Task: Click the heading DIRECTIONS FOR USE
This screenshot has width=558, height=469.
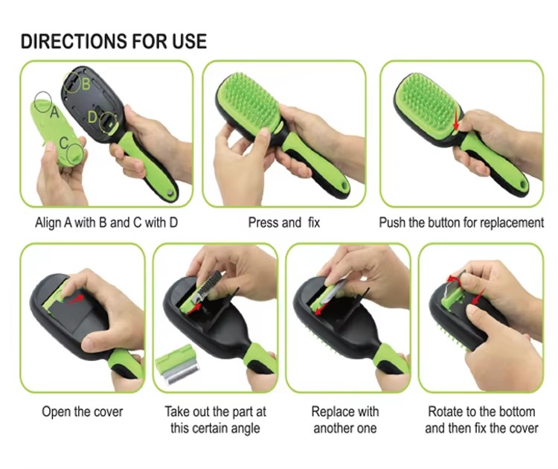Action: point(114,41)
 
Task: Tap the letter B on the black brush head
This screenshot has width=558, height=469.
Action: point(86,84)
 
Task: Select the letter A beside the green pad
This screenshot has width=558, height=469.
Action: point(54,112)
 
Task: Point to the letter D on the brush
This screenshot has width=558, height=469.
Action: point(92,116)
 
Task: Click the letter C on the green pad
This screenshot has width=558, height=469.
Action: point(64,143)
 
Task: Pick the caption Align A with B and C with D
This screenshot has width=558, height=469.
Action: point(106,223)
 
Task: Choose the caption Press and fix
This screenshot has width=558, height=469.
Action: point(284,223)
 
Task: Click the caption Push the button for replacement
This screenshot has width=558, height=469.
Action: point(461,223)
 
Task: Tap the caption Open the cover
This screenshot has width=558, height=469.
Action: point(82,412)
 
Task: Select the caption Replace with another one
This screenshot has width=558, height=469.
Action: point(344,420)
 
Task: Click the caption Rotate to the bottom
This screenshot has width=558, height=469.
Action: point(481,412)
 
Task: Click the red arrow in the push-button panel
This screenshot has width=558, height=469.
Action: point(456,119)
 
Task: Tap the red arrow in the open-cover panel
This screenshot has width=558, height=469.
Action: point(75,299)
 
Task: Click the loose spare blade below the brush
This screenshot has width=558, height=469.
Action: point(178,365)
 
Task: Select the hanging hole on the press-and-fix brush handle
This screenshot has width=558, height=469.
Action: point(344,186)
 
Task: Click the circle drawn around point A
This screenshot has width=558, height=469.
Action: point(43,101)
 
